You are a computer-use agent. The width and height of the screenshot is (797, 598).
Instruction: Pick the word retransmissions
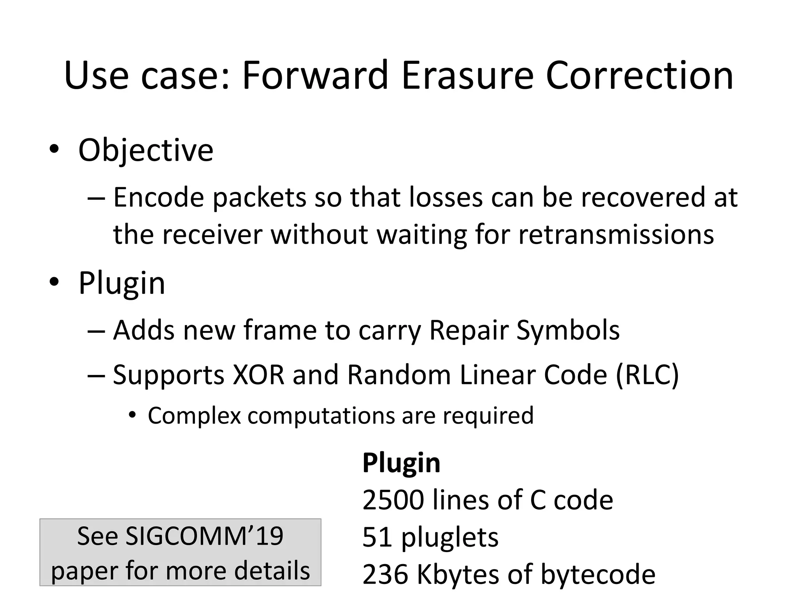pos(616,234)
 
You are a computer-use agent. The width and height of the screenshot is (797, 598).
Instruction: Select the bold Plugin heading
pos(401,463)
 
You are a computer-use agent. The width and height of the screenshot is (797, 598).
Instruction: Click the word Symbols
pos(568,330)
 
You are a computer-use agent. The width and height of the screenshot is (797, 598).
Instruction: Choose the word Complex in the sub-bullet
pos(194,416)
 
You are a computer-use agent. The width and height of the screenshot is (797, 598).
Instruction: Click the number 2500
pos(393,500)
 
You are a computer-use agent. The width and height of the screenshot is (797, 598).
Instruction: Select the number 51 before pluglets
pos(377,537)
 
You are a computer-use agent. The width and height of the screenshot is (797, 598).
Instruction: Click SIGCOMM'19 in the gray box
pos(204,536)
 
